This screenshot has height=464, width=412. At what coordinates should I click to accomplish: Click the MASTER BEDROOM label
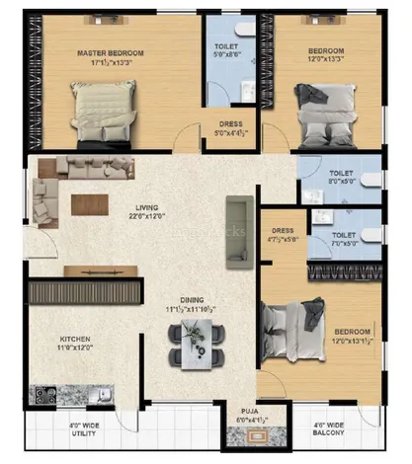tap(112, 52)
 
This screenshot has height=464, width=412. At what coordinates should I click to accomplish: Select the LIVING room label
tap(147, 207)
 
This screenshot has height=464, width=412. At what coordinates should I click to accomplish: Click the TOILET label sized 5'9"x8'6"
tap(226, 48)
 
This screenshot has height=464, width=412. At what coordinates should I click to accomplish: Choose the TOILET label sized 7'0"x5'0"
tap(344, 235)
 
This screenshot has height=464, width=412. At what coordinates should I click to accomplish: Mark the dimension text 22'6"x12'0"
tap(147, 219)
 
